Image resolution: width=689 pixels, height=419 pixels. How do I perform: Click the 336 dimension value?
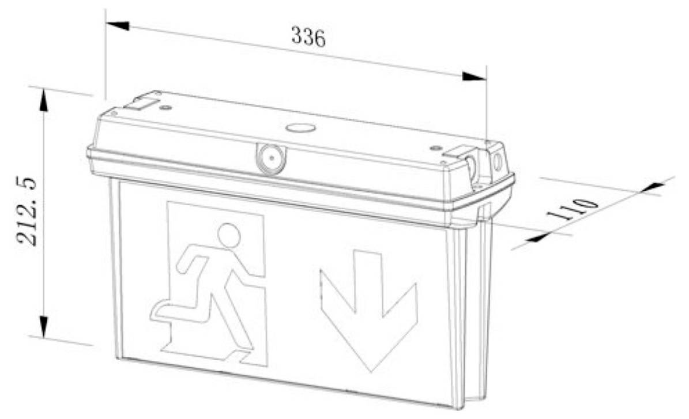[308, 37]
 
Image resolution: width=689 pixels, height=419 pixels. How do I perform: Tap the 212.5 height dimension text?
[27, 212]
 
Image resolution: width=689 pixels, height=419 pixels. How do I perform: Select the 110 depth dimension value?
[572, 210]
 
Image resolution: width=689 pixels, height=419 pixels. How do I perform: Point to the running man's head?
[229, 235]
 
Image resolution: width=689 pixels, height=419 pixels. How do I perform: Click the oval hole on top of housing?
[300, 129]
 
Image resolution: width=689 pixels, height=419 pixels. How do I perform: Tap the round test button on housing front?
[270, 157]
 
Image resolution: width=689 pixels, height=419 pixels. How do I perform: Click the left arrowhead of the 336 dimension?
[118, 25]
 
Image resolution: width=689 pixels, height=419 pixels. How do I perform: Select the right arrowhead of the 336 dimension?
[475, 76]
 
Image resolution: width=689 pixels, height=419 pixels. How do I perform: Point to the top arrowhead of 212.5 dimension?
[43, 101]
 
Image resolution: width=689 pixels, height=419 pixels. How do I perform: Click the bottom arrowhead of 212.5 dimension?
[43, 326]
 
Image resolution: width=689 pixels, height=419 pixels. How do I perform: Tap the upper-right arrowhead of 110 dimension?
[653, 186]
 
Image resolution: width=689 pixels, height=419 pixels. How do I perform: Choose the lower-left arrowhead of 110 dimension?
[537, 237]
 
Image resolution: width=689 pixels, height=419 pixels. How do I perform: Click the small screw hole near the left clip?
[165, 107]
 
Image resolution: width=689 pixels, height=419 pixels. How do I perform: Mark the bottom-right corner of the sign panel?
[458, 409]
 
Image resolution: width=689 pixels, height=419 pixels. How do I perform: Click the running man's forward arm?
[247, 266]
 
